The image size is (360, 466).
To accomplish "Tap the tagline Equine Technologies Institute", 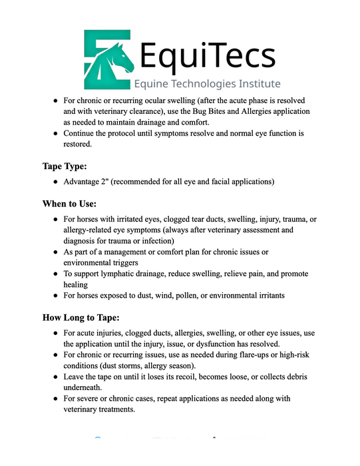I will [207, 84].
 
